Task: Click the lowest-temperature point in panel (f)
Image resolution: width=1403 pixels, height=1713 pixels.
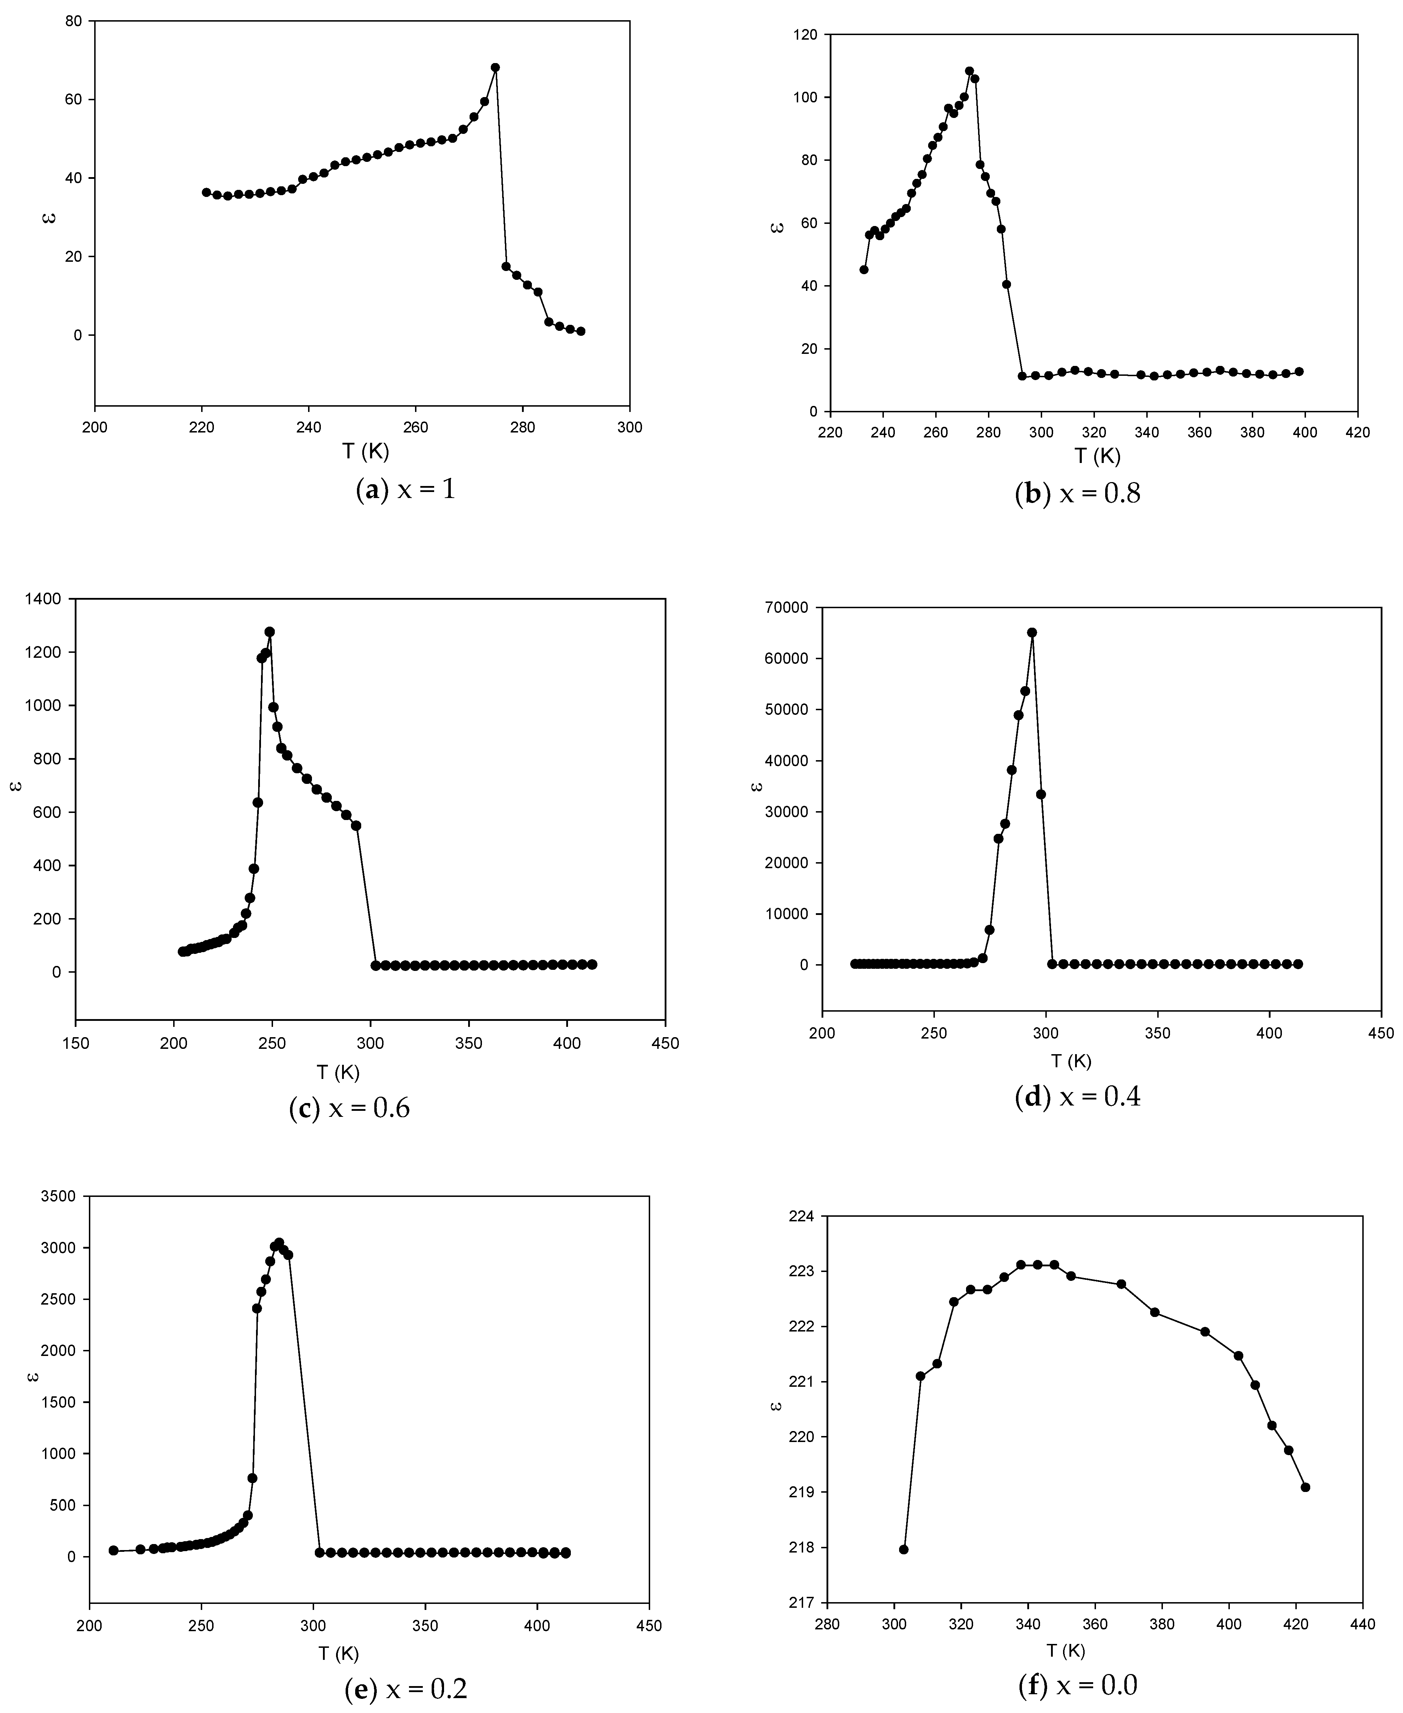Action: tap(904, 1549)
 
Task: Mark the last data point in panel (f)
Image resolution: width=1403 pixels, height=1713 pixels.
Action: tap(1305, 1487)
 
